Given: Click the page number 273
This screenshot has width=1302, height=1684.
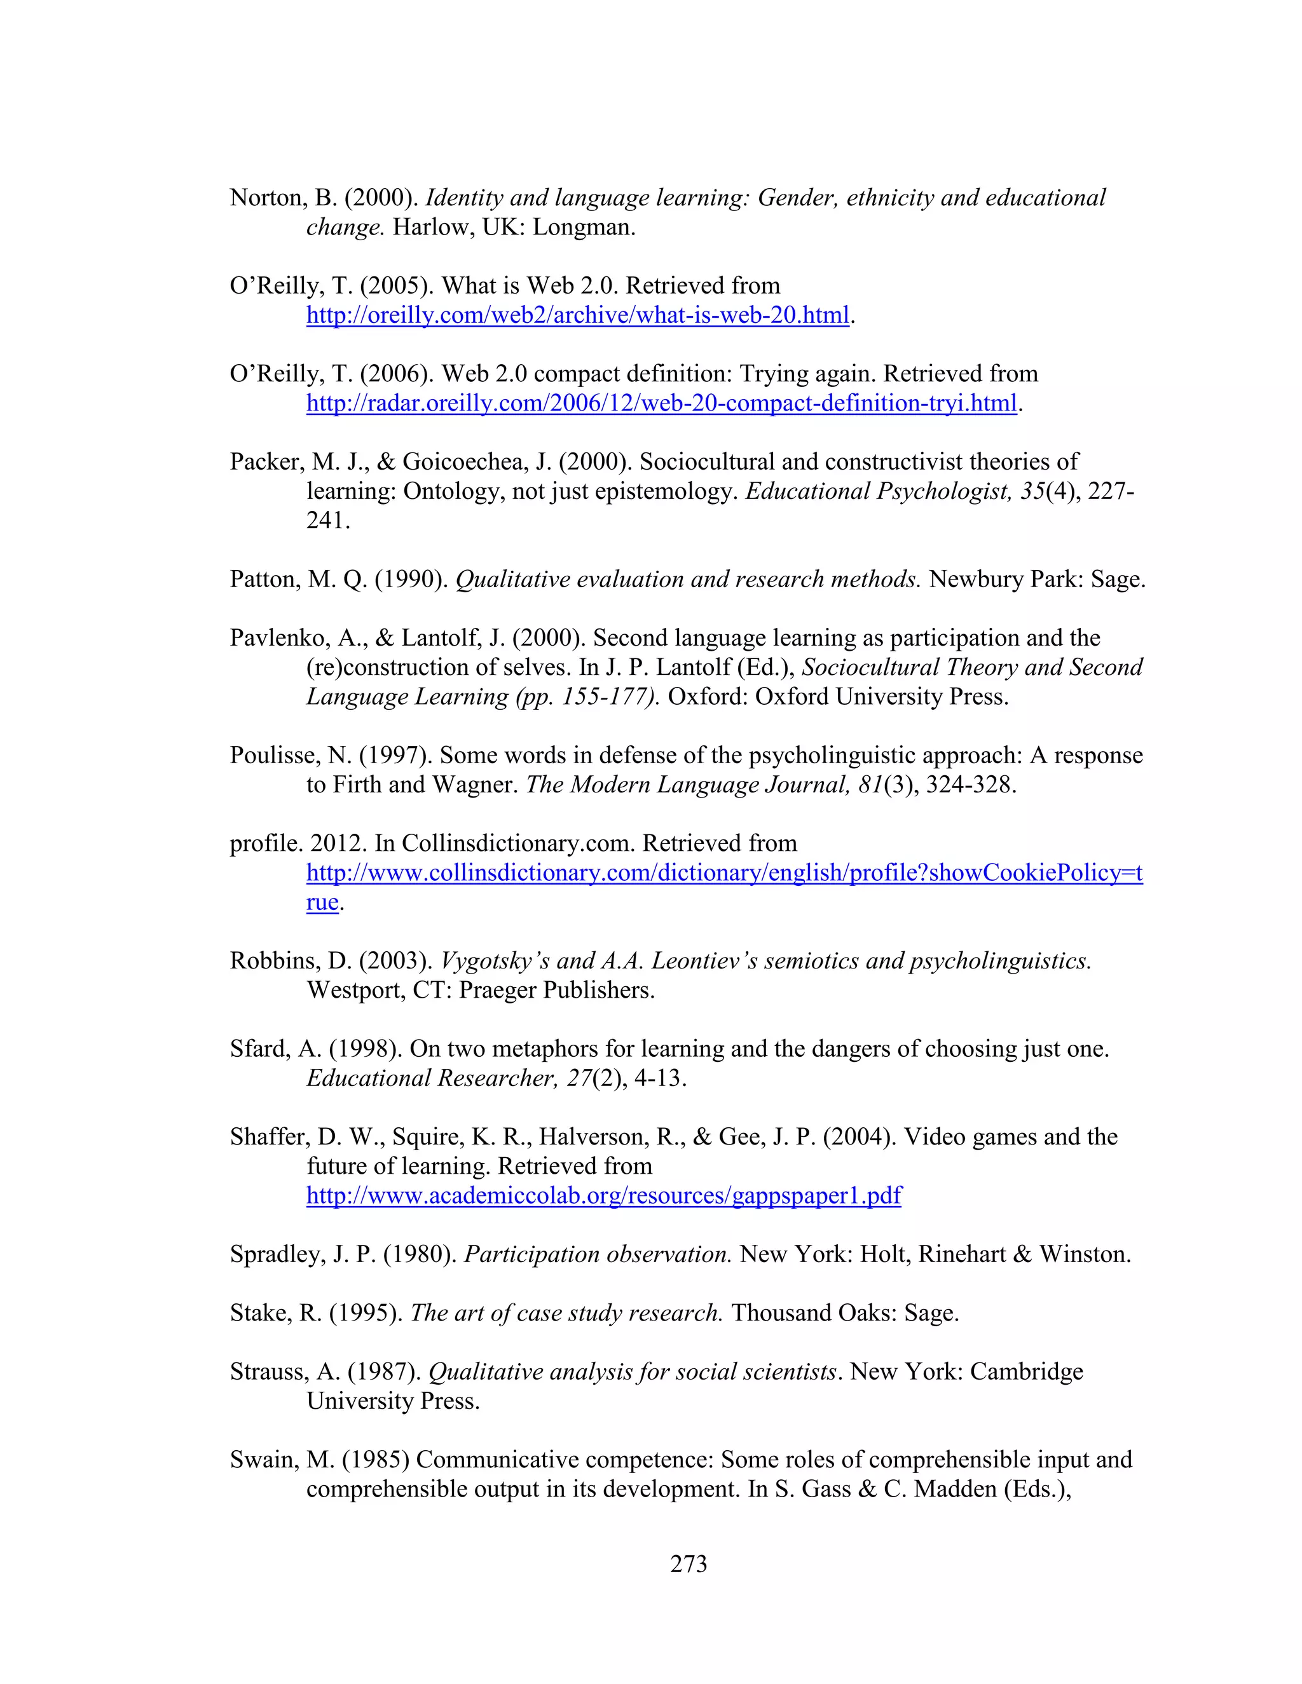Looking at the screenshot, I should point(688,1563).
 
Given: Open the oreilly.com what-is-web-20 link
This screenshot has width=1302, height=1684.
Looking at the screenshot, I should point(577,315).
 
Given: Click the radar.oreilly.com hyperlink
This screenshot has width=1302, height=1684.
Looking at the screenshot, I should point(661,404).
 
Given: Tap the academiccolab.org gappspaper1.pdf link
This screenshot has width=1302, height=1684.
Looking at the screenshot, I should point(603,1195).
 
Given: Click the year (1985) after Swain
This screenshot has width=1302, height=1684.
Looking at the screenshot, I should point(375,1460).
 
